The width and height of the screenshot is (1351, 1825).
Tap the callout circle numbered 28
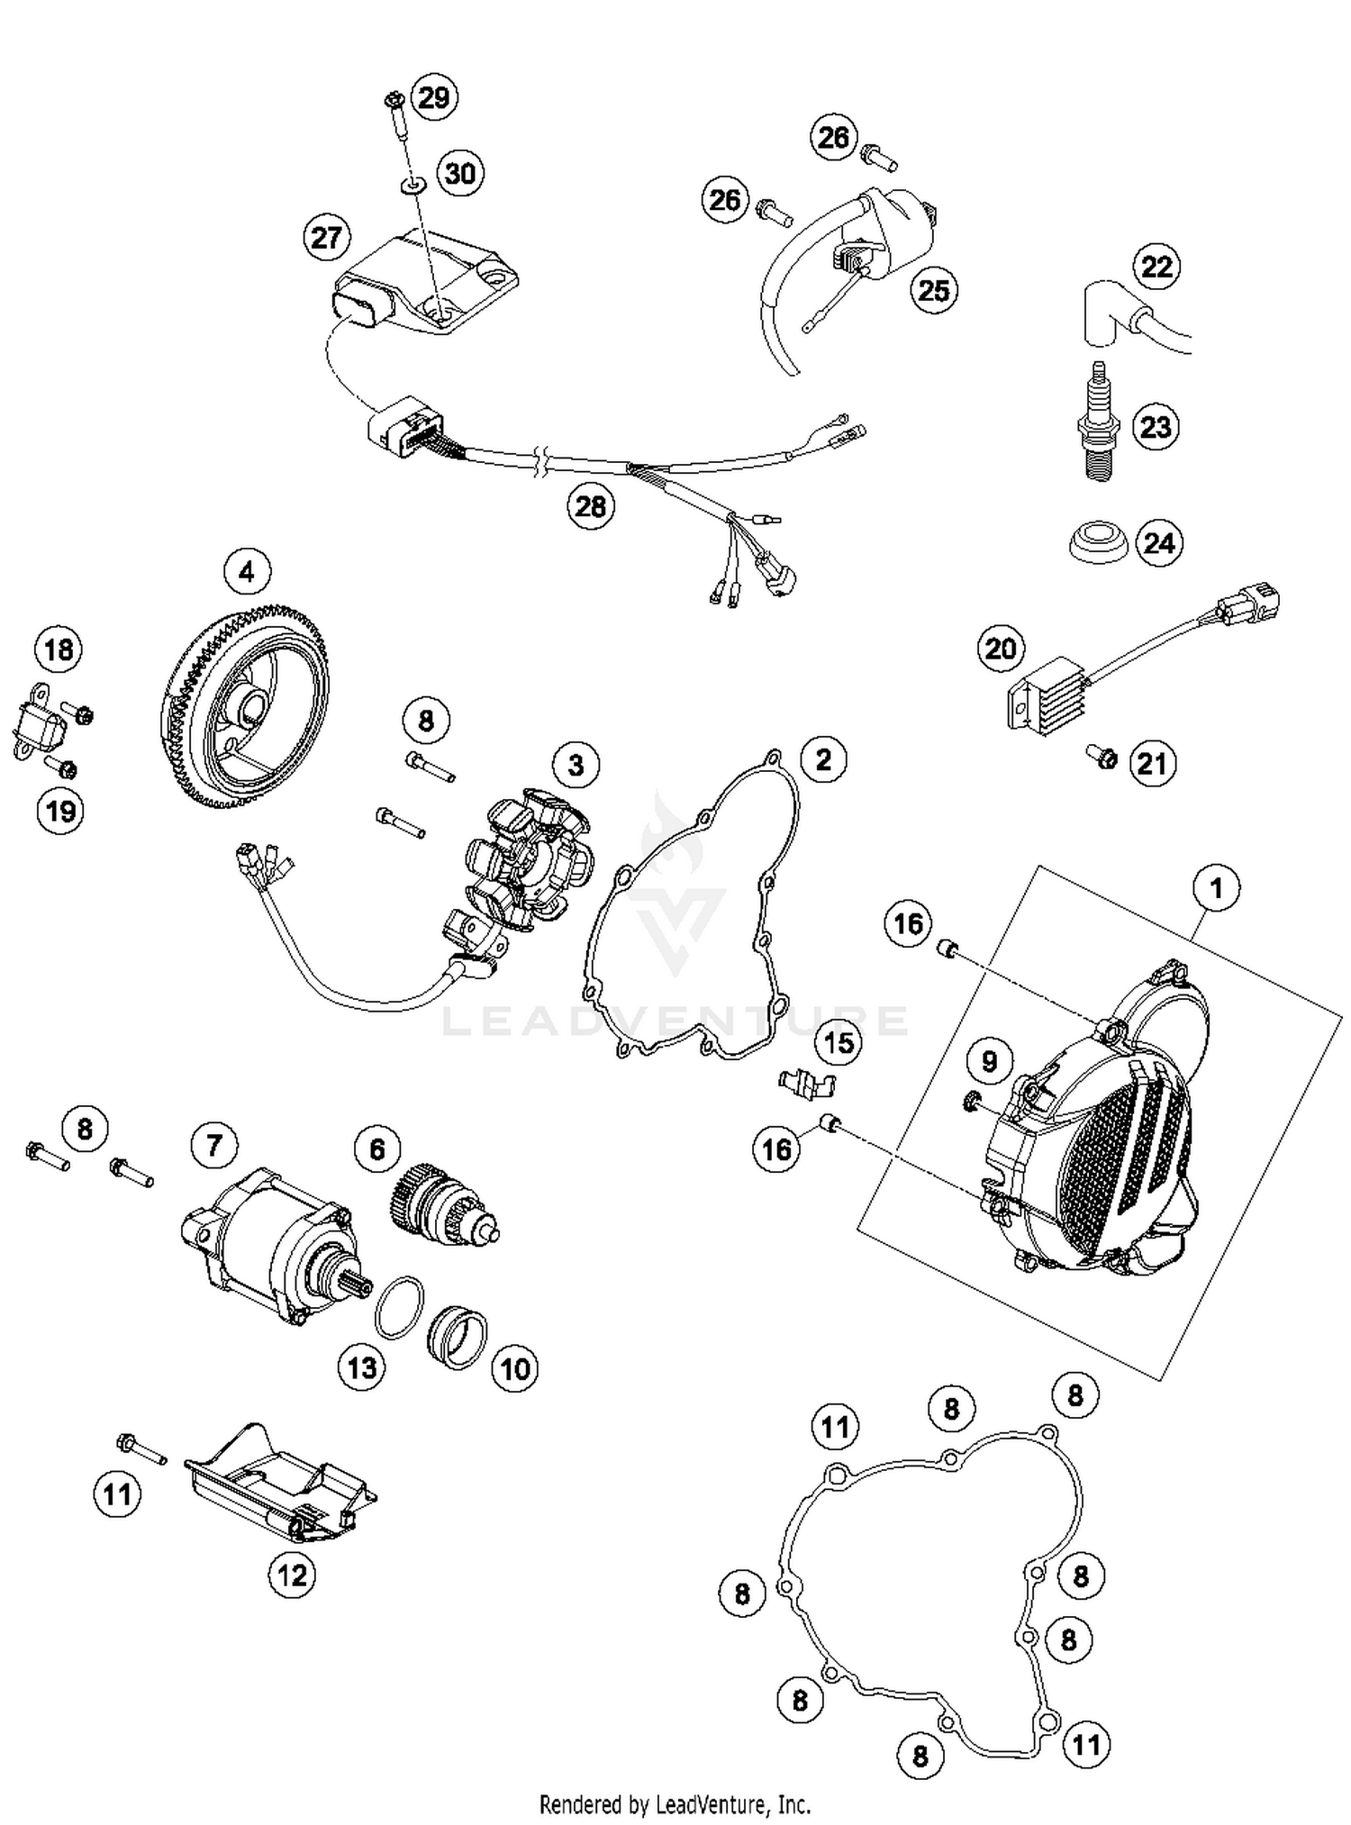(x=590, y=506)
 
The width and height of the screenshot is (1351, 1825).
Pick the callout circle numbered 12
(x=291, y=1575)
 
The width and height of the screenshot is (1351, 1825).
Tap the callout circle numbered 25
(x=933, y=290)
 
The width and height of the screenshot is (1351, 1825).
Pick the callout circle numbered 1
(x=1216, y=889)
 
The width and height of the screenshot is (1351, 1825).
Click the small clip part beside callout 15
(x=804, y=1083)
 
